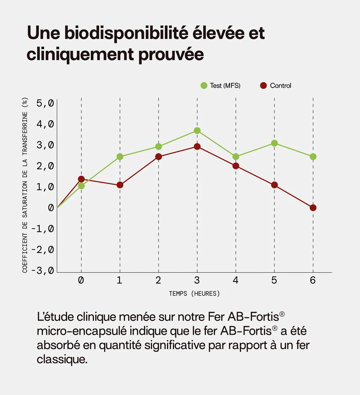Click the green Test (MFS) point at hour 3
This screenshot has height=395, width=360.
197,130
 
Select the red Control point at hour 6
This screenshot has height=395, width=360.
313,208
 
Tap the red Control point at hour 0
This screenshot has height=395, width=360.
81,179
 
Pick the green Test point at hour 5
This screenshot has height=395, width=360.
274,143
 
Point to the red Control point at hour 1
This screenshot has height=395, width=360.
120,185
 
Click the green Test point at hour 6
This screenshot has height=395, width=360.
313,156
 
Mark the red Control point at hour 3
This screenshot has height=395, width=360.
197,146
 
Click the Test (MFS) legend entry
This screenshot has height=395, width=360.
220,85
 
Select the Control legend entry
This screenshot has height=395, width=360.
275,85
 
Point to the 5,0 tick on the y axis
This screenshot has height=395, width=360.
45,103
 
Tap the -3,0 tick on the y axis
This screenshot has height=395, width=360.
43,270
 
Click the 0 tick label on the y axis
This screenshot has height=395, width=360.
51,208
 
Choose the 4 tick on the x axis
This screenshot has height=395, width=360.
235,280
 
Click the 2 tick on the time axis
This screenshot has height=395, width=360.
158,280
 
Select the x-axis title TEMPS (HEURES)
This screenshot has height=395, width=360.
194,294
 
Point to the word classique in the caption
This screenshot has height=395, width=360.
62,360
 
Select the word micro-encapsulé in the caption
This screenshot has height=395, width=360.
81,330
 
